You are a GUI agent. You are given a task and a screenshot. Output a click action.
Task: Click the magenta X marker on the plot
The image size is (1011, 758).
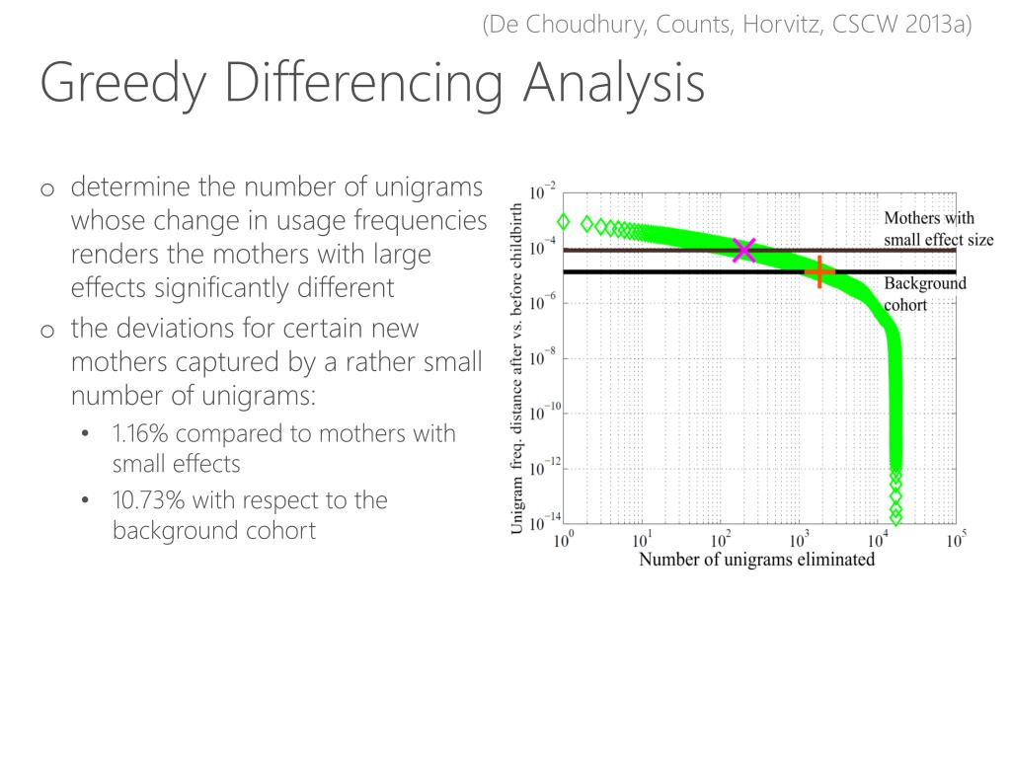pos(744,250)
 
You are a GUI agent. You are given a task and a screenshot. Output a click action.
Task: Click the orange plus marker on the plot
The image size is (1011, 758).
pos(819,271)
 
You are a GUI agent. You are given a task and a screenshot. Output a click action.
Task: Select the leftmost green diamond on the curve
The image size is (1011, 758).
pos(564,222)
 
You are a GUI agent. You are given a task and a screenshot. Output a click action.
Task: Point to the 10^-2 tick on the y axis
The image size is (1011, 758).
pos(542,191)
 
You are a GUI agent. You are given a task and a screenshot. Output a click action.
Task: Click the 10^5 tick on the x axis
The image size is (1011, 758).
pos(956,540)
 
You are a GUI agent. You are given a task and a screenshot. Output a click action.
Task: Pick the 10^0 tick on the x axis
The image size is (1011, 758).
pos(564,540)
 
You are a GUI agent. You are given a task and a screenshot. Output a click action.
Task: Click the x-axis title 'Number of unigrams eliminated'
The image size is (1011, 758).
pos(756,560)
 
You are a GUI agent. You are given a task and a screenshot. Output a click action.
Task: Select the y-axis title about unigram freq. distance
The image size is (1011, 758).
pos(517,369)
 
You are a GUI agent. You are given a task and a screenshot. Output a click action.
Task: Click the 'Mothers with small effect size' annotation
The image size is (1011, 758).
pos(938,229)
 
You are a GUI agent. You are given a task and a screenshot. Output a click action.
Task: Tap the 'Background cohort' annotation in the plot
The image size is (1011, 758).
pos(924,294)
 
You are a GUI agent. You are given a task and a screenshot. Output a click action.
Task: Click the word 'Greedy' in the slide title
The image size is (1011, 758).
pos(122,83)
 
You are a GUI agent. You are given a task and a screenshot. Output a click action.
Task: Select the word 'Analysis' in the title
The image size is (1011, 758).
pos(614,83)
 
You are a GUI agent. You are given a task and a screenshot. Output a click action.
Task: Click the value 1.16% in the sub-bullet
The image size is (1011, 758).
pos(144,433)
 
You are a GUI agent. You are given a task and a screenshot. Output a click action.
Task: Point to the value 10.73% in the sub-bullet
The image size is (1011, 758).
pos(149,500)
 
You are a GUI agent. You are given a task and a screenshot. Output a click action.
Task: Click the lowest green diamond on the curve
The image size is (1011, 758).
pos(895,516)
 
